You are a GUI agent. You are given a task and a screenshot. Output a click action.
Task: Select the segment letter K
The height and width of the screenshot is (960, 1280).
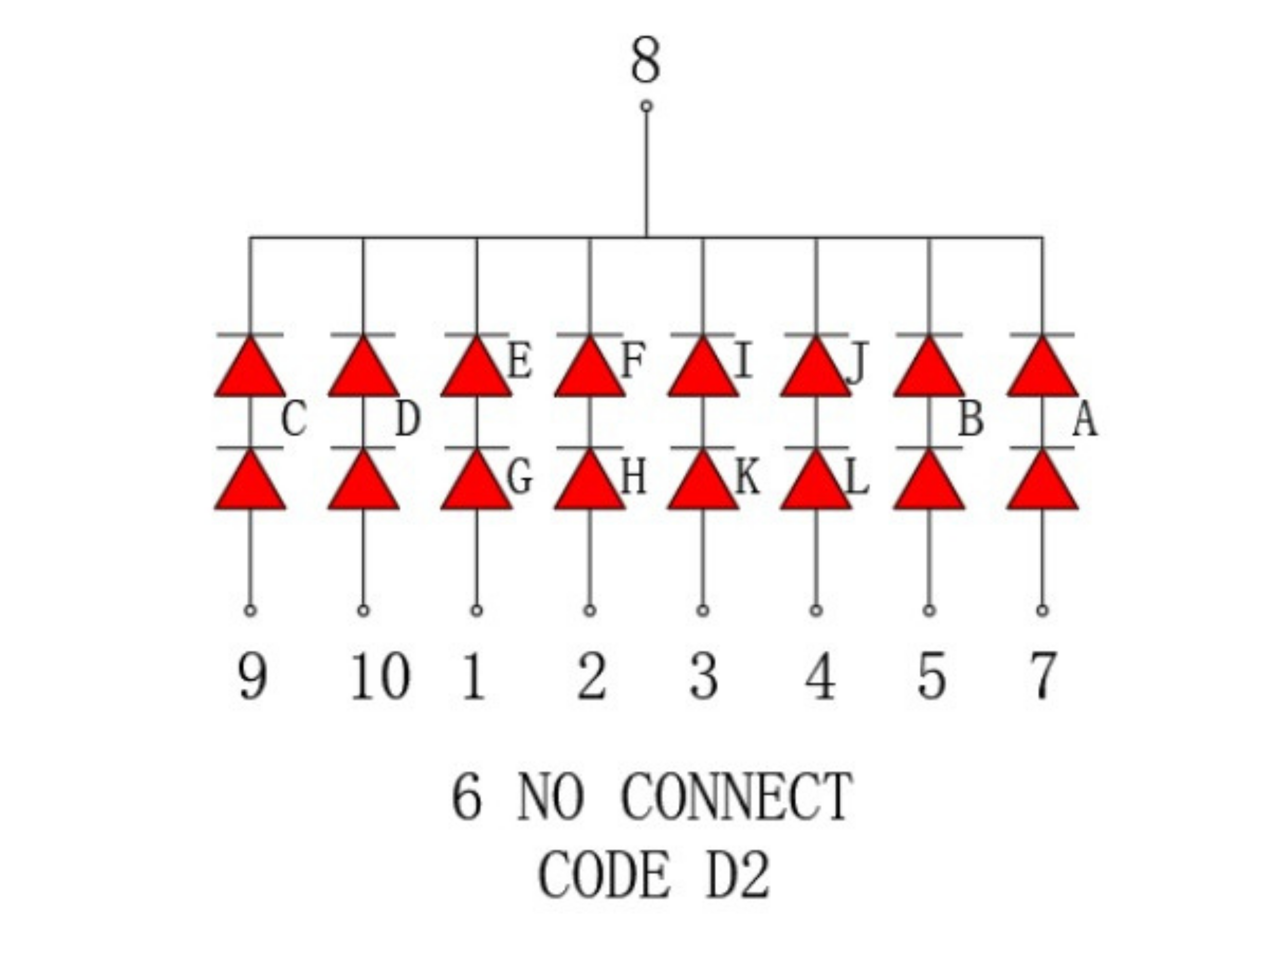[x=747, y=478]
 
